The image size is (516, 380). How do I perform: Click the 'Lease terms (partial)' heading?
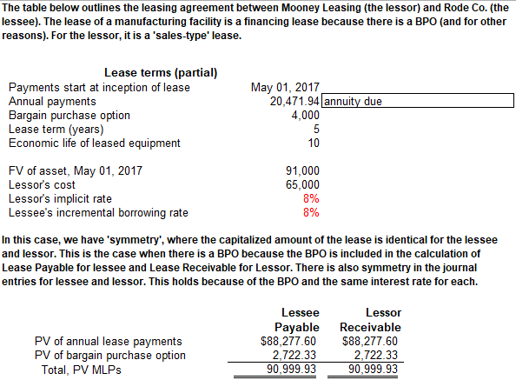coord(161,72)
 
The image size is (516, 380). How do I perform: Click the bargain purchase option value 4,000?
coord(305,115)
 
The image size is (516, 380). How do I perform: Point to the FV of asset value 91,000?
coord(302,170)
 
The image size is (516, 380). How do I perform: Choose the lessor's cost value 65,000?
coord(302,184)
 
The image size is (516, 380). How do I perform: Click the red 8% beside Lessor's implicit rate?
coord(311,198)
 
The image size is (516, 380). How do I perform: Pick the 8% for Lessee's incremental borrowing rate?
coord(311,212)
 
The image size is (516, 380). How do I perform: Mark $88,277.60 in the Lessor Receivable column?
coord(369,341)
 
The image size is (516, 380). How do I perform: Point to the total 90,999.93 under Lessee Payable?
coord(294,370)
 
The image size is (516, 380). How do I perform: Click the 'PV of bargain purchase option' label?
coord(109,355)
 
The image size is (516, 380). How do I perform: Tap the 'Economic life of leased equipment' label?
coord(94,143)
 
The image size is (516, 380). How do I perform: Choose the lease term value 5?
coord(314,129)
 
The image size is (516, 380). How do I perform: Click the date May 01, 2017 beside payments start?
coord(285,87)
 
